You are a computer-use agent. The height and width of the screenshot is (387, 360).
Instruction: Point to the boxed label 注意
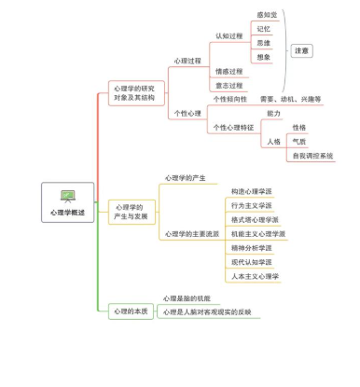pyautogui.click(x=302, y=49)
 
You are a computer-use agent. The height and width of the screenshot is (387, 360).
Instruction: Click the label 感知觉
pyautogui.click(x=267, y=15)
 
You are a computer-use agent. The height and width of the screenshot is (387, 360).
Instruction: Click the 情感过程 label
pyautogui.click(x=228, y=71)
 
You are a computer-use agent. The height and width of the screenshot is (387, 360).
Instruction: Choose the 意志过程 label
pyautogui.click(x=228, y=85)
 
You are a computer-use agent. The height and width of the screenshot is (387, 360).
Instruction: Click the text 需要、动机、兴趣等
pyautogui.click(x=290, y=99)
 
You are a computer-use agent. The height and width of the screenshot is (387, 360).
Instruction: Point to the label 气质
pyautogui.click(x=299, y=141)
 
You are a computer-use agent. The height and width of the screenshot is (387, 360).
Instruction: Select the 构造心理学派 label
pyautogui.click(x=252, y=191)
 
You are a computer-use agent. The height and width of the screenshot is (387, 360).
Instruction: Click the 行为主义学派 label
pyautogui.click(x=252, y=205)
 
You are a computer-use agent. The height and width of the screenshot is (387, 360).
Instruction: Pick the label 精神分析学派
pyautogui.click(x=252, y=248)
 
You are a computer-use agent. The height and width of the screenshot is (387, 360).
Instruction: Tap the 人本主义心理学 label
pyautogui.click(x=255, y=276)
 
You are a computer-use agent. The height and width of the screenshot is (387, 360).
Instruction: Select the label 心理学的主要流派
pyautogui.click(x=192, y=234)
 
